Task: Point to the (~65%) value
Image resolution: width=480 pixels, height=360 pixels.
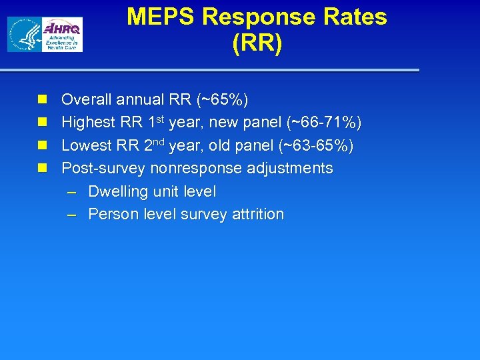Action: coord(223,100)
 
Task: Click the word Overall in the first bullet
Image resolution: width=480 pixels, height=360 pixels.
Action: coord(87,100)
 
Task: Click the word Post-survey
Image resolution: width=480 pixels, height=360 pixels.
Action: coord(103,169)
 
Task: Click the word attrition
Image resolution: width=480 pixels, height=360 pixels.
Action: coord(258,215)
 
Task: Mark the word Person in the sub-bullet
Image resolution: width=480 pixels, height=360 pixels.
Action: coord(111,215)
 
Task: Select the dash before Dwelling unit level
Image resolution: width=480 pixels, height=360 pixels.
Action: coord(73,192)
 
